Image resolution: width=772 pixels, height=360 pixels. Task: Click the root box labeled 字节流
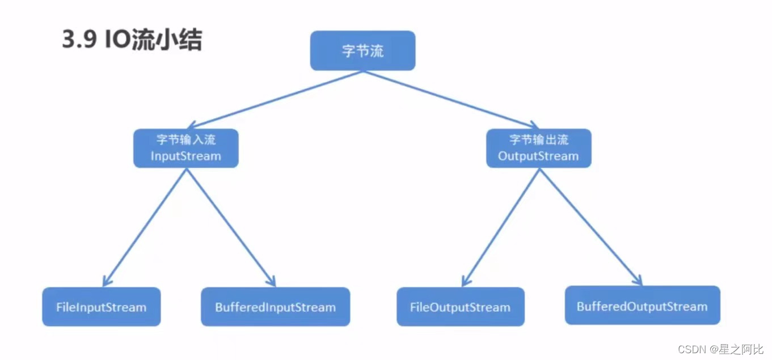(x=362, y=50)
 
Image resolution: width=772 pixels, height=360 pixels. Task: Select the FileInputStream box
(x=101, y=307)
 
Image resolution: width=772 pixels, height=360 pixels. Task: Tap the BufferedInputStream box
(x=275, y=307)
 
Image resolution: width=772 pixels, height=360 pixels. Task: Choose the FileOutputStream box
(x=460, y=307)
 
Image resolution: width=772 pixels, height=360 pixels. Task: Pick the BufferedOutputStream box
(x=642, y=306)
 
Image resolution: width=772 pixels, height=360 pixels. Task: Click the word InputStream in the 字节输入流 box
(x=185, y=156)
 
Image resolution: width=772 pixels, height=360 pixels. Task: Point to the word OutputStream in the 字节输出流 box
(x=538, y=156)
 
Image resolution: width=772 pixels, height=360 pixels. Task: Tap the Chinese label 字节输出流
(x=538, y=140)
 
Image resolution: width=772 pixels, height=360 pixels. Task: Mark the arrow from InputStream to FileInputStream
(x=145, y=227)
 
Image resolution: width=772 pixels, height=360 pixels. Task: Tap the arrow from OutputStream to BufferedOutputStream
(x=590, y=227)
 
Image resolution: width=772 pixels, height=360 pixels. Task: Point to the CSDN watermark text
(x=690, y=349)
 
